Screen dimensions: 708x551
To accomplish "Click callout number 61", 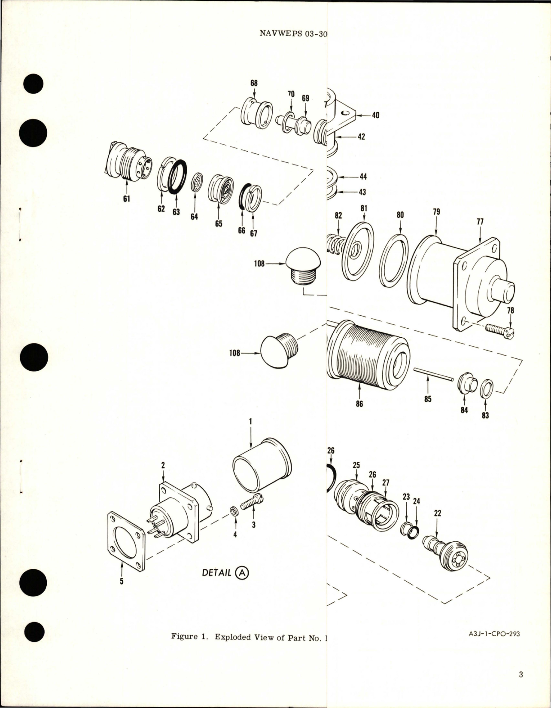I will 127,199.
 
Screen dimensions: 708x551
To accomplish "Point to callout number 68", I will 254,82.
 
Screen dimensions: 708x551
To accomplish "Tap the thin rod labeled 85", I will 433,373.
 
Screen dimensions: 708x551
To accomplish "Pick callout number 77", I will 480,222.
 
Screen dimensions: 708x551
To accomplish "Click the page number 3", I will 521,674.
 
